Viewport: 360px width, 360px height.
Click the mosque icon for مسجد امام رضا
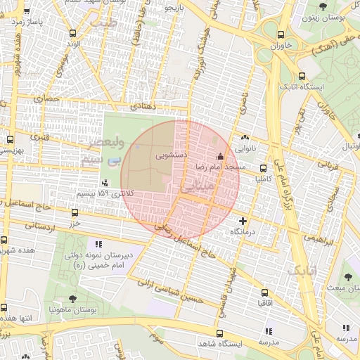(220, 156)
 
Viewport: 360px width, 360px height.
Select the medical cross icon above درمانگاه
(244, 221)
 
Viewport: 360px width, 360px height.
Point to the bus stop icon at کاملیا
(264, 168)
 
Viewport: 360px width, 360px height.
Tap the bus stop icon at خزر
(75, 212)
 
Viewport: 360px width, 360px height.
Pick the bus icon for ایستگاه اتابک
(302, 76)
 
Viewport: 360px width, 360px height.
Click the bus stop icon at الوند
(74, 33)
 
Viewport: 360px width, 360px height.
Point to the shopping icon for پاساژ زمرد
(27, 12)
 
